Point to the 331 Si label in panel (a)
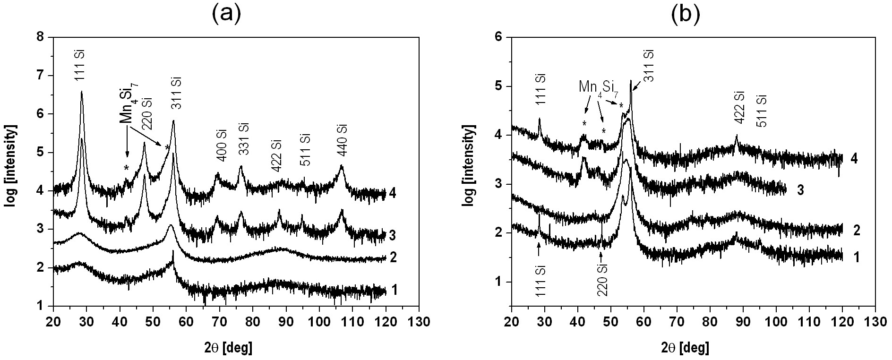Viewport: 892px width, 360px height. click(x=243, y=141)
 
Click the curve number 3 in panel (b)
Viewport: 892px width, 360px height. click(x=800, y=190)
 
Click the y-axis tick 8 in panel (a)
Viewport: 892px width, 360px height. click(x=42, y=36)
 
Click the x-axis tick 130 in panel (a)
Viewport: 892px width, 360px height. click(x=419, y=323)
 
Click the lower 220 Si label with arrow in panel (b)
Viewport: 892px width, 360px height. click(x=602, y=279)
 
